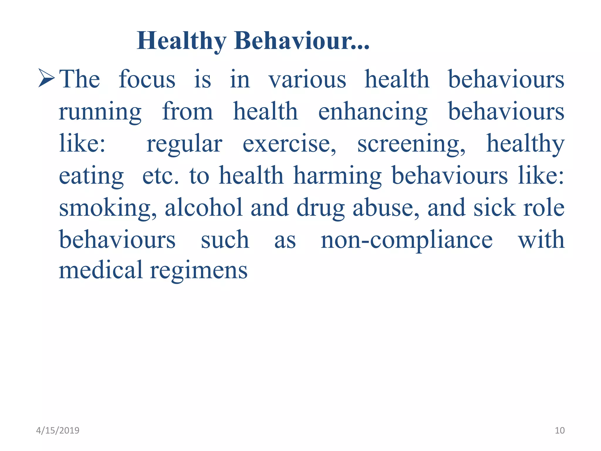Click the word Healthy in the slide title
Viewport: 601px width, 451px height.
tap(181, 41)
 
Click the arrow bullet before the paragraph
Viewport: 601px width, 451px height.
tap(46, 78)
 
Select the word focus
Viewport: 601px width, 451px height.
tap(147, 79)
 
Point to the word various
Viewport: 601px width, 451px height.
tap(307, 79)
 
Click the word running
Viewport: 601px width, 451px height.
tap(100, 112)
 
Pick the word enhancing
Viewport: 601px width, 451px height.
tap(373, 112)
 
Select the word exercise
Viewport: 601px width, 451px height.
tap(289, 144)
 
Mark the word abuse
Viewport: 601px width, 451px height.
tap(386, 208)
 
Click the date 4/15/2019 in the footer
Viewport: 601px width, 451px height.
tap(58, 430)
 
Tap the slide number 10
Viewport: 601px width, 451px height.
tap(560, 430)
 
